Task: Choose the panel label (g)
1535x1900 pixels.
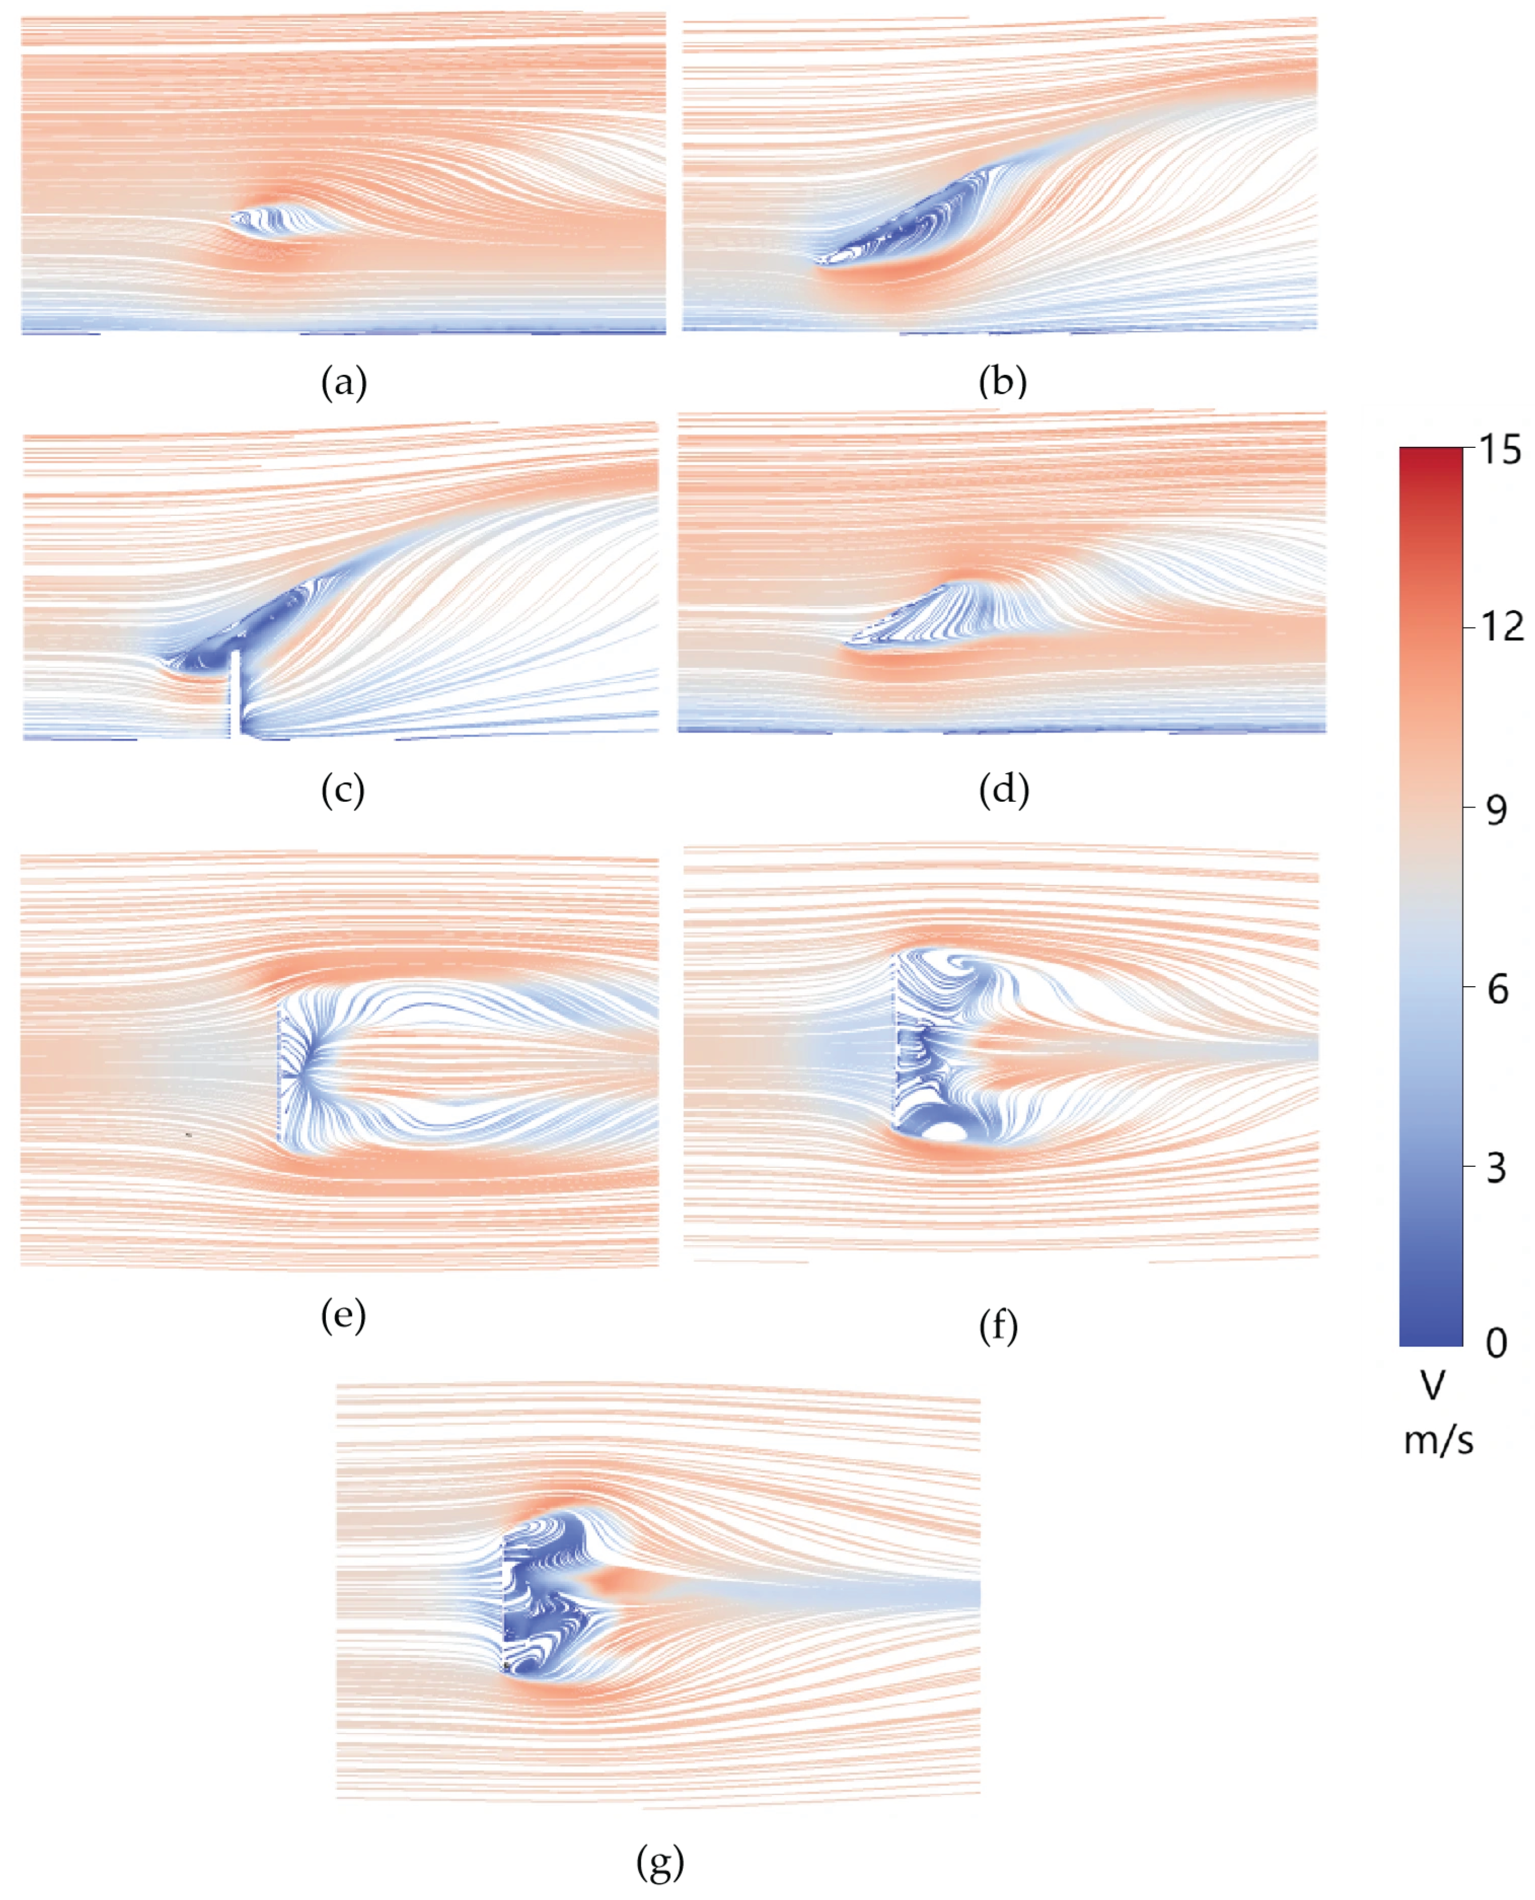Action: click(x=660, y=1862)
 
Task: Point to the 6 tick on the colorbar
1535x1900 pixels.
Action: click(x=1497, y=989)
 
